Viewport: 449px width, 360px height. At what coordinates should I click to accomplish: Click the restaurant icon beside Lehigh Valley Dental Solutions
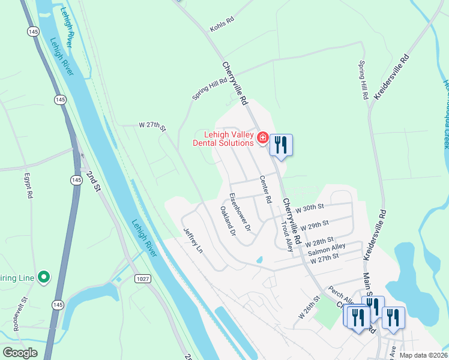[x=281, y=144]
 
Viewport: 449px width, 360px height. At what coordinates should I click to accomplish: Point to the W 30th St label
[x=310, y=207]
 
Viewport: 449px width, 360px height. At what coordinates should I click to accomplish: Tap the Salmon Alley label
[x=327, y=247]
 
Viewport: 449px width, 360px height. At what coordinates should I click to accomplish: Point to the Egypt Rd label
[x=27, y=187]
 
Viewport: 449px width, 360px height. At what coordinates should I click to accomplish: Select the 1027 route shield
[x=143, y=279]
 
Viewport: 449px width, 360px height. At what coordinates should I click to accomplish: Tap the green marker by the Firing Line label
[x=43, y=277]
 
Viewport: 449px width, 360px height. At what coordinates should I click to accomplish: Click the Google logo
[x=20, y=353]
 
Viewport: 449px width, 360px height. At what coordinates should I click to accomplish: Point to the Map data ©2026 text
[x=423, y=355]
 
